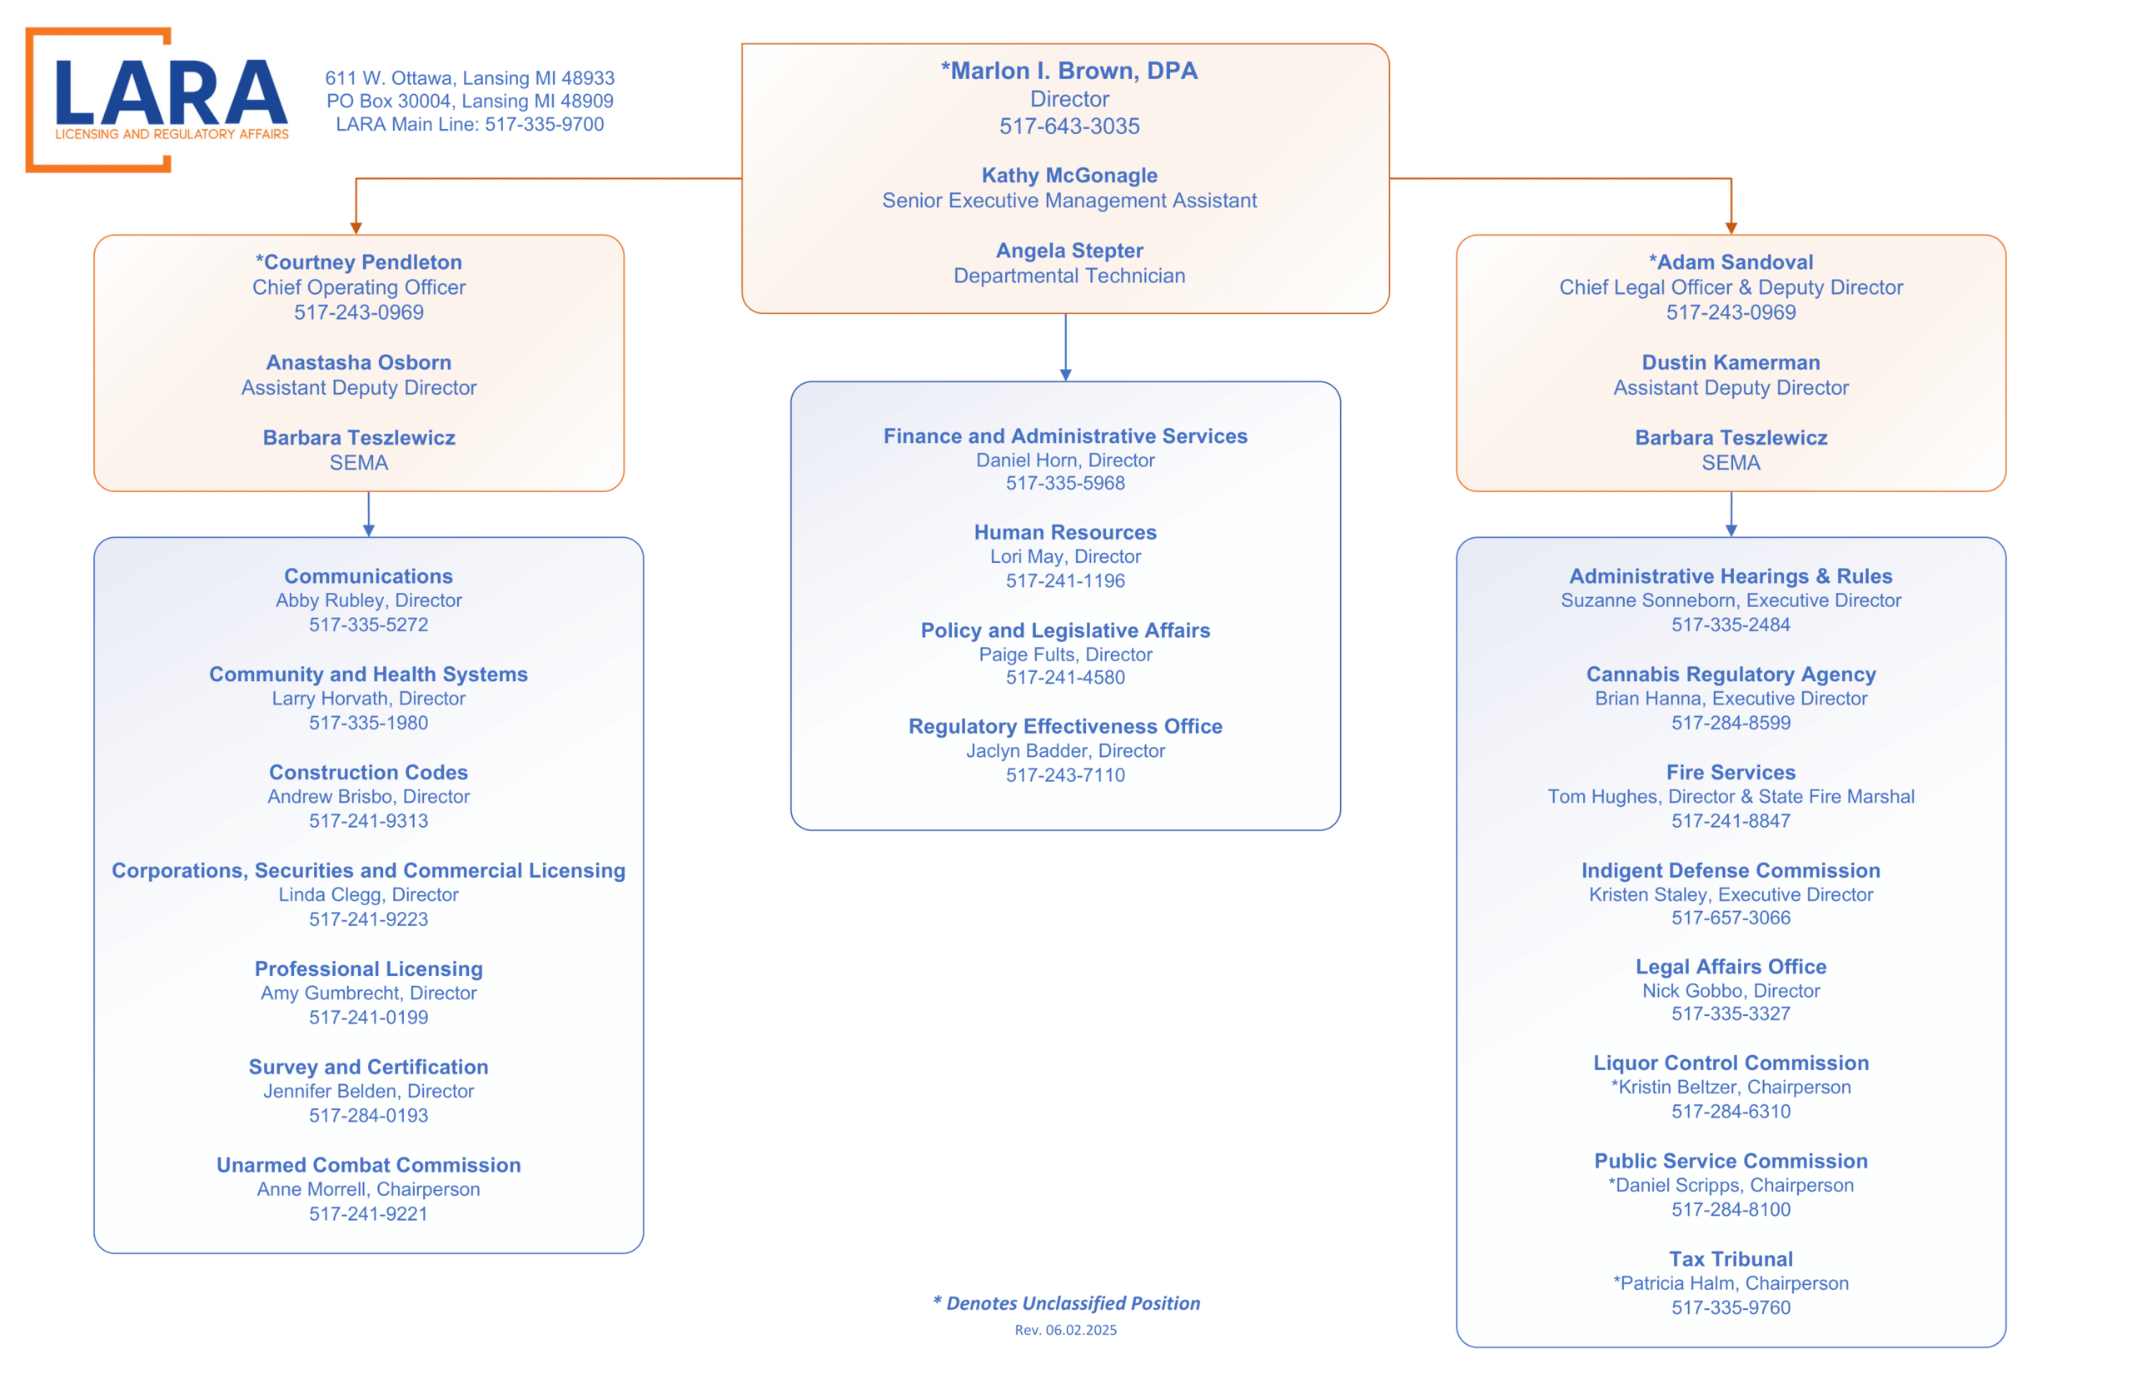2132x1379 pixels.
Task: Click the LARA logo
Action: pyautogui.click(x=157, y=99)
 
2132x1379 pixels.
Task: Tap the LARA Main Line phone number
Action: pyautogui.click(x=545, y=124)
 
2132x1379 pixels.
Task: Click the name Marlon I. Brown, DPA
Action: pyautogui.click(x=1069, y=71)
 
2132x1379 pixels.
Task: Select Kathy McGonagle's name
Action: pyautogui.click(x=1069, y=176)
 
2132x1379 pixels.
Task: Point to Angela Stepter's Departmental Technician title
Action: pyautogui.click(x=1069, y=276)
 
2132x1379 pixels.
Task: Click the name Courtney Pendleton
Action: pyautogui.click(x=359, y=262)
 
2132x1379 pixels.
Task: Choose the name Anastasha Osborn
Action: pyautogui.click(x=359, y=363)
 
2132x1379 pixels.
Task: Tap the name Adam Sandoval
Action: pyautogui.click(x=1731, y=262)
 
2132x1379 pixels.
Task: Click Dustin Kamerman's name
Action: pyautogui.click(x=1731, y=363)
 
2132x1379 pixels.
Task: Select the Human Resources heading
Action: pyautogui.click(x=1065, y=533)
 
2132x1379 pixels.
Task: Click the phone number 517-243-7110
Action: pyautogui.click(x=1065, y=775)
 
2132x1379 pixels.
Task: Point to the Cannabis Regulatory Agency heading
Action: pyautogui.click(x=1731, y=675)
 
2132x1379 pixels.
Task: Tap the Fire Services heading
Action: pyautogui.click(x=1731, y=773)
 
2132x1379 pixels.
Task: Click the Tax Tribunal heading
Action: pyautogui.click(x=1731, y=1259)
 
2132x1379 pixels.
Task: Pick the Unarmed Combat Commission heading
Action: pyautogui.click(x=369, y=1165)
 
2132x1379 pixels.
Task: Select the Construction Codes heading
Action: pyautogui.click(x=369, y=773)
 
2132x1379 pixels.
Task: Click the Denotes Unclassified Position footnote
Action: pyautogui.click(x=1067, y=1304)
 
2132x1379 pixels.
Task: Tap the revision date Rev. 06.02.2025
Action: pyautogui.click(x=1065, y=1331)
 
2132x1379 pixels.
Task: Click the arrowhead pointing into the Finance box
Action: pyautogui.click(x=1065, y=376)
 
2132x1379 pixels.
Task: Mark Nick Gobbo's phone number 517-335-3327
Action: pyautogui.click(x=1731, y=1014)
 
